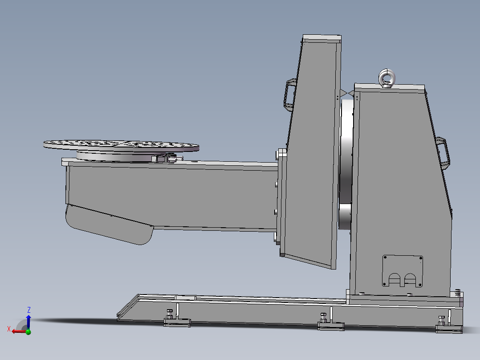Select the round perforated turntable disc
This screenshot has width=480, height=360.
click(x=121, y=144)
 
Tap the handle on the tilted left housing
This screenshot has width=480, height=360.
click(x=289, y=94)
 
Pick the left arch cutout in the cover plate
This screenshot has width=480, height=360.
click(x=394, y=280)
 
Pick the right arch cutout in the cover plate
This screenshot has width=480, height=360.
click(x=410, y=280)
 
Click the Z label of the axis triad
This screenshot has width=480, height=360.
click(x=28, y=310)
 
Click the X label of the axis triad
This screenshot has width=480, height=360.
click(x=8, y=329)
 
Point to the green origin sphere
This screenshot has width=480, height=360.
click(x=28, y=331)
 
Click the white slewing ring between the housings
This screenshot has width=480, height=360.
click(x=346, y=165)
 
